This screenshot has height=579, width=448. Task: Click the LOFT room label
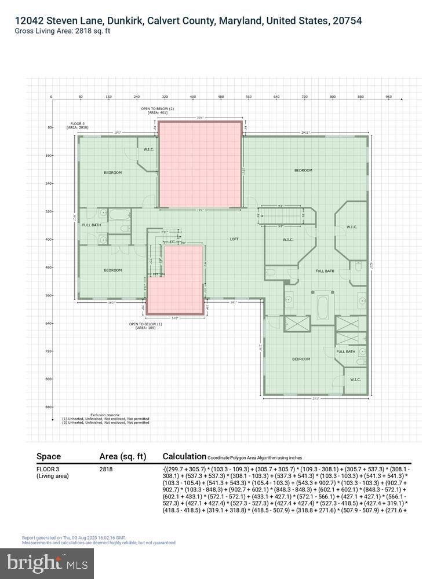click(234, 239)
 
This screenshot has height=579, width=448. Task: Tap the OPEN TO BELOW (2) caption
click(157, 109)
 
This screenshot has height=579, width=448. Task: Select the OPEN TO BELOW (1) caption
click(145, 324)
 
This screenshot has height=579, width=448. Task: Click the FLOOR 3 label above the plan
click(77, 124)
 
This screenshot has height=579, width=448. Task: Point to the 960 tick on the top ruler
click(389, 97)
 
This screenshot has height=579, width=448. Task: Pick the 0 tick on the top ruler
click(51, 97)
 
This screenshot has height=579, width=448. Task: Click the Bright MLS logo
click(50, 562)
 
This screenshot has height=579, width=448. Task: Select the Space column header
click(49, 456)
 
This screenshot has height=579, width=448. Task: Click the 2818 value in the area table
click(106, 470)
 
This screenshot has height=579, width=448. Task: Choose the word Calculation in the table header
click(184, 456)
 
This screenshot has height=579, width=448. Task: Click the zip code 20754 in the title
click(346, 21)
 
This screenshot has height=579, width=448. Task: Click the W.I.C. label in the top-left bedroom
click(148, 149)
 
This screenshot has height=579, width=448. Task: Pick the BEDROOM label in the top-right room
click(303, 170)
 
